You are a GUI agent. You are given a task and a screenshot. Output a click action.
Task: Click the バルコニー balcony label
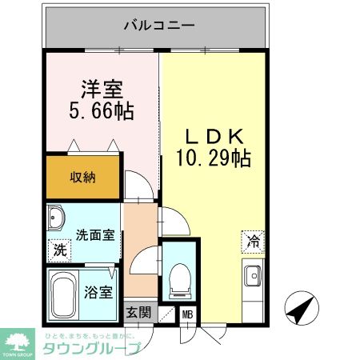158,26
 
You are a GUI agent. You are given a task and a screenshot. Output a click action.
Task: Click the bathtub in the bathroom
63,291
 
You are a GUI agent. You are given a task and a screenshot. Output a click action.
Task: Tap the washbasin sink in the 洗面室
58,219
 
